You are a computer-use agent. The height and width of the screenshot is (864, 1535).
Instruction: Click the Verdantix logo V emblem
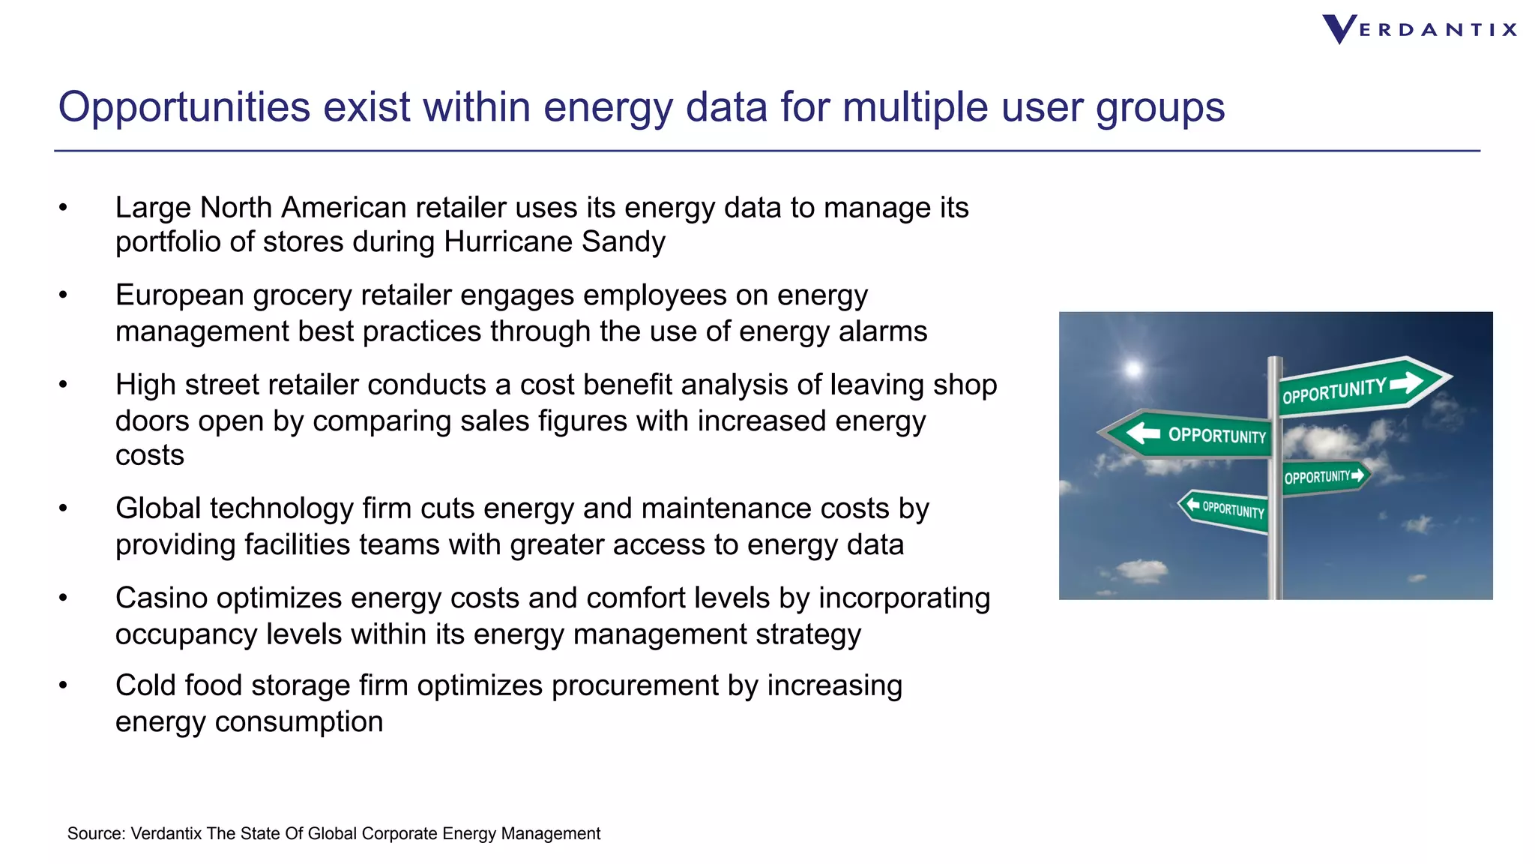1339,29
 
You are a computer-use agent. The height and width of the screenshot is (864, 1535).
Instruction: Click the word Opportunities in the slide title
184,106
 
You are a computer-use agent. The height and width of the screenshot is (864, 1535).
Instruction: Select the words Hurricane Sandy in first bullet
554,242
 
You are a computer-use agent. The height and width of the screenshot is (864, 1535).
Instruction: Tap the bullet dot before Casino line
64,598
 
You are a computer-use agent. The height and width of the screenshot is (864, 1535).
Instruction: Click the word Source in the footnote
94,833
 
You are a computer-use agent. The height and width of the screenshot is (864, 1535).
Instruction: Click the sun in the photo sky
1133,369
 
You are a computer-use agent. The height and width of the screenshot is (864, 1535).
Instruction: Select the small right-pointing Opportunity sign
1324,476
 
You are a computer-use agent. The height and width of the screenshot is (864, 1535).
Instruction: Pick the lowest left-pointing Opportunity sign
1225,510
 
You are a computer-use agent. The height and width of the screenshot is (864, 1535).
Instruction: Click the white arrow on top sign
1406,382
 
